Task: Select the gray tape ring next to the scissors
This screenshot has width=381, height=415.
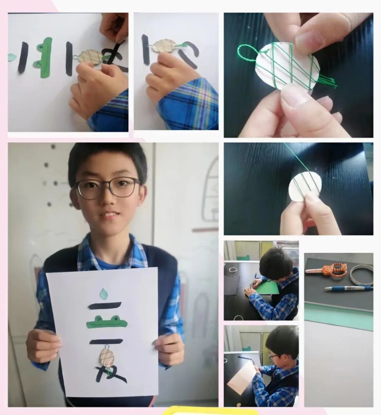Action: point(361,275)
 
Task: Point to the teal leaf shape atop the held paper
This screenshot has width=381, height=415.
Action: point(104,293)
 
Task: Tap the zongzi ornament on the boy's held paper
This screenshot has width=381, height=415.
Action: point(108,357)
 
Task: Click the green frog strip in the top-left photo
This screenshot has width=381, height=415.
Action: point(46,58)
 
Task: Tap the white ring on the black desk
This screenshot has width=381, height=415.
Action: point(232,270)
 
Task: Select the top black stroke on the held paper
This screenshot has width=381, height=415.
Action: point(105,305)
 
